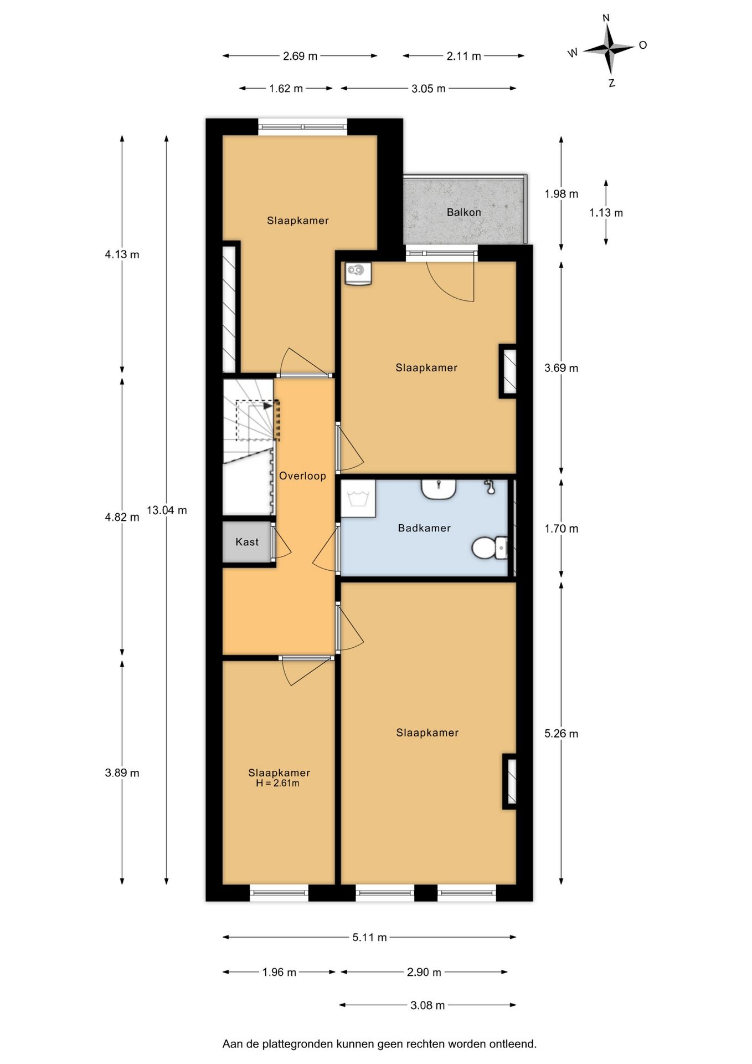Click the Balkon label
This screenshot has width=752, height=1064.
coord(463,212)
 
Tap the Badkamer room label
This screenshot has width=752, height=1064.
coord(424,528)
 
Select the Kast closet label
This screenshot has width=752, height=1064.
coord(247,542)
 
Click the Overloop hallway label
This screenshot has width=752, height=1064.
coord(302,475)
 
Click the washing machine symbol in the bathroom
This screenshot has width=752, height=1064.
coord(358,498)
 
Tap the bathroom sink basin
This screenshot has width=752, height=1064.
coord(439,489)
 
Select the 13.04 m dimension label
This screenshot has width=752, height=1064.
coord(167,510)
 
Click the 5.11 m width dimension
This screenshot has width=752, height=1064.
coord(369,937)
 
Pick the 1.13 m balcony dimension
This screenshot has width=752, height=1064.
coord(606,213)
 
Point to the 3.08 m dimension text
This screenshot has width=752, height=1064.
coord(427,1005)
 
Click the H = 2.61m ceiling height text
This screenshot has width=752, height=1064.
coord(277,783)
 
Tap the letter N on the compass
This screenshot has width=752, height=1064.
coord(606,18)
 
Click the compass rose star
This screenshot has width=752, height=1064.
coord(609,49)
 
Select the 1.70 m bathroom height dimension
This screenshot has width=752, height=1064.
coord(561,529)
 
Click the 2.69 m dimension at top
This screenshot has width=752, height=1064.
coord(300,56)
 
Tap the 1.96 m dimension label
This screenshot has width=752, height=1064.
coord(279,972)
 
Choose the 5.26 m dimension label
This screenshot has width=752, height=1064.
coord(561,734)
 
